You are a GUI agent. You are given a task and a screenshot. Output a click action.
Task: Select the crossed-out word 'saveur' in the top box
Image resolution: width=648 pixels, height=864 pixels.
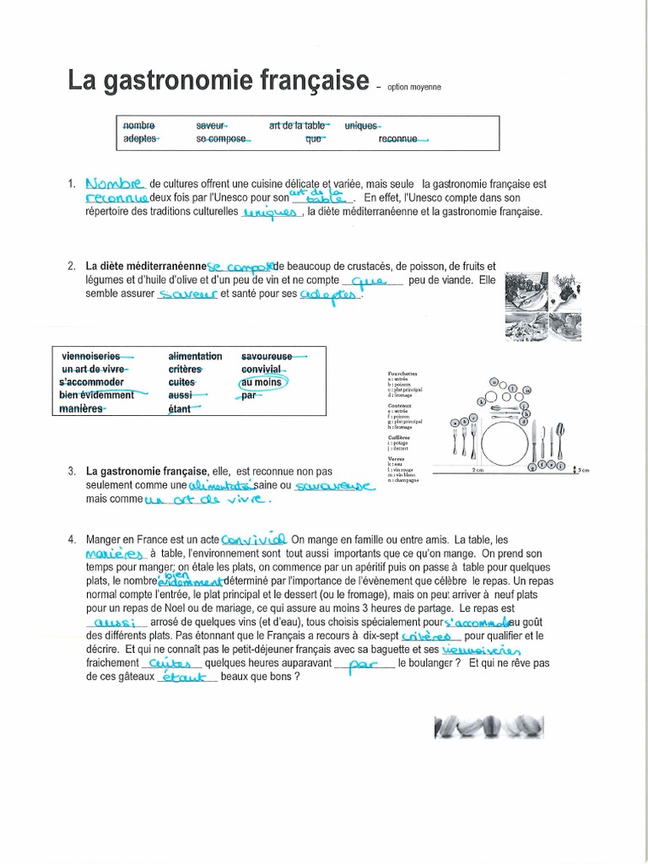(x=211, y=125)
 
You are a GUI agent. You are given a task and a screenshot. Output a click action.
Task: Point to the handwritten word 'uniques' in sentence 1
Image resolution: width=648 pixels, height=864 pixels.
(x=271, y=213)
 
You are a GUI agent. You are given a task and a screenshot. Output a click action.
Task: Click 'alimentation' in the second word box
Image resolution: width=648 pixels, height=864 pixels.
(x=195, y=357)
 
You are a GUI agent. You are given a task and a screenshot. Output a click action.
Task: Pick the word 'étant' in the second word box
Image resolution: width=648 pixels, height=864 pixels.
(x=180, y=409)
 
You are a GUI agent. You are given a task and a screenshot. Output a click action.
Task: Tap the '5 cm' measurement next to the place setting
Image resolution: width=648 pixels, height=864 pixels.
(x=581, y=468)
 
